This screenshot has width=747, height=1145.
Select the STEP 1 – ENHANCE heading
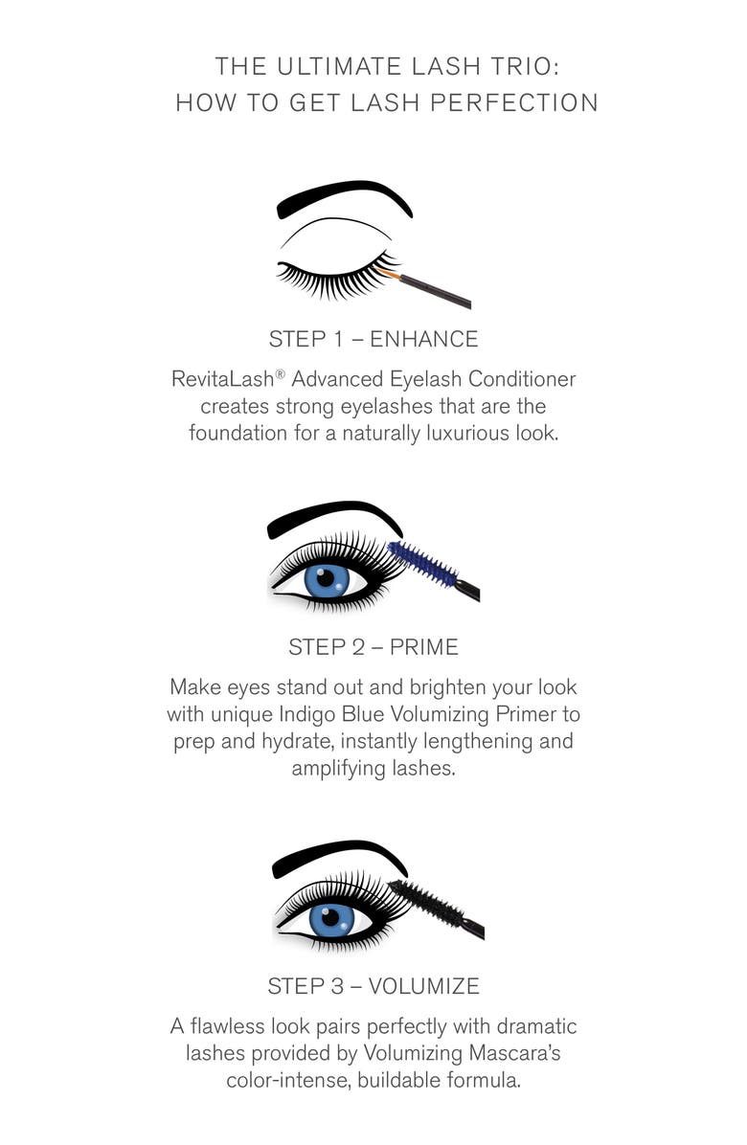tap(373, 339)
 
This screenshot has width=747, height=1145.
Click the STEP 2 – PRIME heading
tap(373, 647)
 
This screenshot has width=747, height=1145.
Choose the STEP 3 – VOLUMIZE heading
tap(373, 986)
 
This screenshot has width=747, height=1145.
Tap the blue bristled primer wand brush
tap(423, 563)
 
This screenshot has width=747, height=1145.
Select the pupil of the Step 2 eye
tap(326, 578)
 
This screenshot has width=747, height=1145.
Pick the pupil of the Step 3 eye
tap(331, 917)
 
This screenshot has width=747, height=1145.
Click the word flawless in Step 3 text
tap(232, 1027)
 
